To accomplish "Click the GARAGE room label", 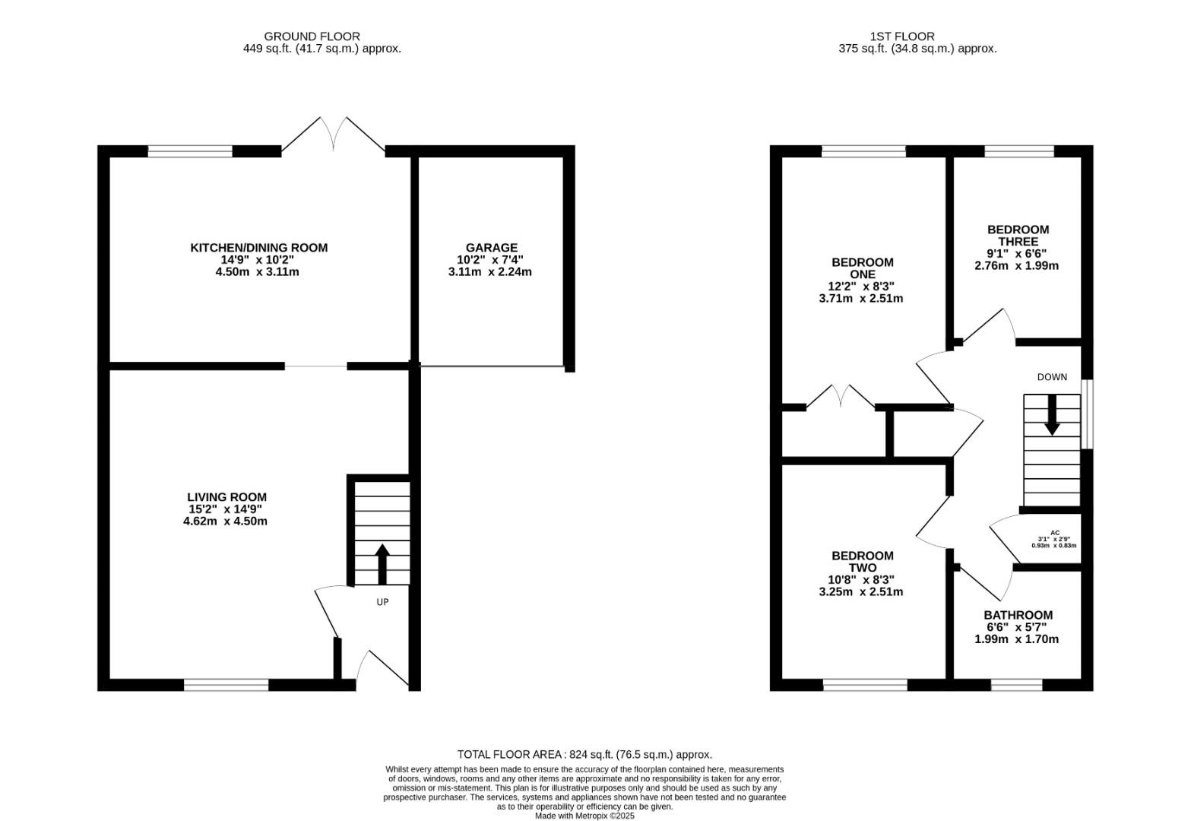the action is (491, 248).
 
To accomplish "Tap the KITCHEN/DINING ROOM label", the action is (259, 248).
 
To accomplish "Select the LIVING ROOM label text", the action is (227, 497).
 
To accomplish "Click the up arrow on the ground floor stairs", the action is (382, 563).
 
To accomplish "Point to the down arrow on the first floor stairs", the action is (1052, 415).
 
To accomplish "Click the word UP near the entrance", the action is (383, 602).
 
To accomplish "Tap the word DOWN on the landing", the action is (1052, 377).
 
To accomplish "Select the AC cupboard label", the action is (1055, 533).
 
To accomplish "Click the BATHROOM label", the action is (1018, 615).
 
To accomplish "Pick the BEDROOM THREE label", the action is (1018, 236).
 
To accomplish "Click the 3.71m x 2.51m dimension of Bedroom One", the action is (861, 298).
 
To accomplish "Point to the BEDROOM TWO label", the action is (863, 562).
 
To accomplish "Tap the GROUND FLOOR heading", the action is (312, 36).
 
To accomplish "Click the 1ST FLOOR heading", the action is (902, 36).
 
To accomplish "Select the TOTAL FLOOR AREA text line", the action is (584, 755).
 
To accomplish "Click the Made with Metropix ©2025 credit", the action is (585, 816).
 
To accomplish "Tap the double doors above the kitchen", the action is (334, 135).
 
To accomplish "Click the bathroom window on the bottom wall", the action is (1017, 686).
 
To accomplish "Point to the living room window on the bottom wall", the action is (226, 686).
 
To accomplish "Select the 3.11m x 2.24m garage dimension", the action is (489, 272).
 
